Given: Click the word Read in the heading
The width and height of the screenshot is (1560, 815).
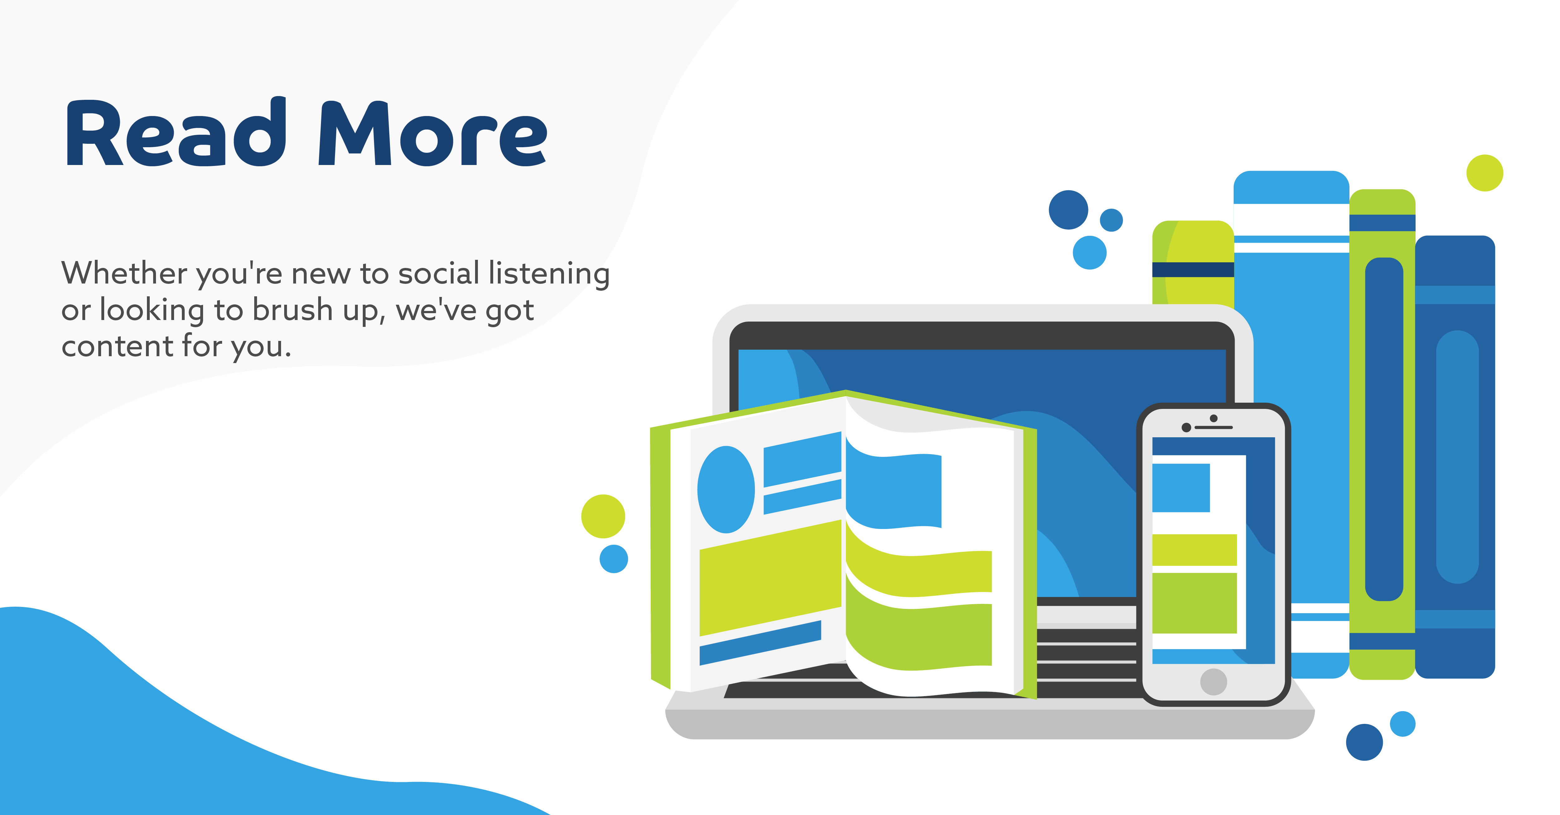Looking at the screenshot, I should (x=176, y=133).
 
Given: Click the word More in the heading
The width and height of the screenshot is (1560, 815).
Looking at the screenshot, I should (x=433, y=134).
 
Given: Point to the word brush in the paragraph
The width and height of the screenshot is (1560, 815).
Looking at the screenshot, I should (x=293, y=310).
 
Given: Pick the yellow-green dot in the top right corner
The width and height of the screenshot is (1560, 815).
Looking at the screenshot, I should (x=1484, y=173).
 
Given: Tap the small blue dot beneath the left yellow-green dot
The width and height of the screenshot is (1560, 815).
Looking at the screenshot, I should (x=614, y=559).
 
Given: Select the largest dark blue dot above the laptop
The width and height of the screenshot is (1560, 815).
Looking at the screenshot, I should (x=1068, y=210).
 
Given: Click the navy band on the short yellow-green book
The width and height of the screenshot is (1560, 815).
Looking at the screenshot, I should (x=1193, y=269).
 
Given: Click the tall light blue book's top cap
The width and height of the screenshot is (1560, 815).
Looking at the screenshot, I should (x=1291, y=188).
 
